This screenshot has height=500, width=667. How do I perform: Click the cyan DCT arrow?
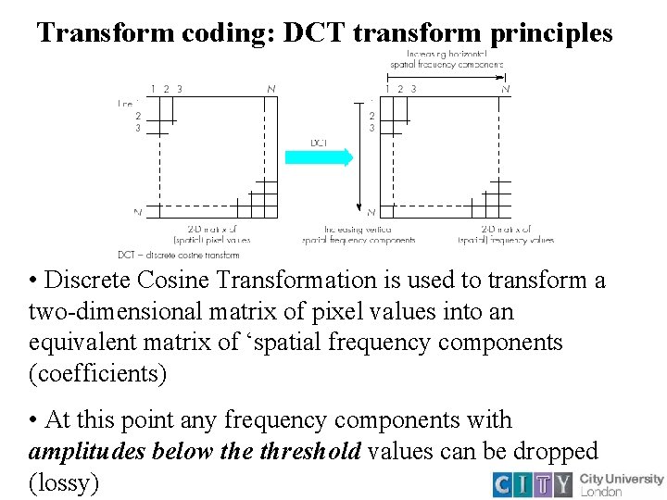[x=319, y=157]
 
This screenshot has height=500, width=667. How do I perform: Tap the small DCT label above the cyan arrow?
[x=319, y=143]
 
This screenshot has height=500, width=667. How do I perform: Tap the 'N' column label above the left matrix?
[x=271, y=89]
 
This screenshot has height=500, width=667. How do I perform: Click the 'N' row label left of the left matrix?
[x=137, y=212]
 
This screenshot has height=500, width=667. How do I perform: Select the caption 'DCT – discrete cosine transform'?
[x=179, y=255]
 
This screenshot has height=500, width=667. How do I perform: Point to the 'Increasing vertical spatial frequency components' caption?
[x=359, y=234]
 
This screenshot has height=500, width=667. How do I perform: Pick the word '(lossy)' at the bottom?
[x=64, y=483]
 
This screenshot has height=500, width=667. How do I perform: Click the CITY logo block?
[x=533, y=484]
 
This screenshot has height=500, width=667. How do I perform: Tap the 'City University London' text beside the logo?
[x=621, y=484]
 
